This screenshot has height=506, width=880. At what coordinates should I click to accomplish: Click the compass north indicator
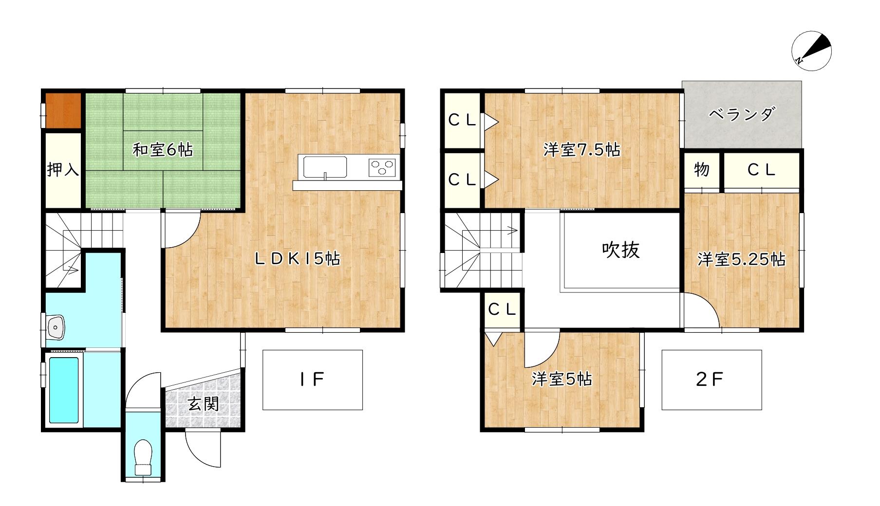tap(811, 51)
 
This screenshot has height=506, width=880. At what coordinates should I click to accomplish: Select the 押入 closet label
tap(63, 170)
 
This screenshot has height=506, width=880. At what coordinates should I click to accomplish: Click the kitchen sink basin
tap(325, 167)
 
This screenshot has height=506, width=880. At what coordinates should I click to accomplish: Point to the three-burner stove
tap(382, 167)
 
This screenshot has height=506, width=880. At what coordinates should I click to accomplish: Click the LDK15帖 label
tap(298, 258)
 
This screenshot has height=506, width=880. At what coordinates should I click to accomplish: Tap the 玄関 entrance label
tap(203, 403)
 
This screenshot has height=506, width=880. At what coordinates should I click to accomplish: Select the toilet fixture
tap(144, 458)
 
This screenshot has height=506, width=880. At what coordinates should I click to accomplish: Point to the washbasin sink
tap(56, 327)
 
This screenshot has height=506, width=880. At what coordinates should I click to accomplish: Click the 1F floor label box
tap(313, 380)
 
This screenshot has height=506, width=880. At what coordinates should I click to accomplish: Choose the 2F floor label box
tap(711, 380)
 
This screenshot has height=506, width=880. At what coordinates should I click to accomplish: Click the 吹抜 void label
tap(621, 250)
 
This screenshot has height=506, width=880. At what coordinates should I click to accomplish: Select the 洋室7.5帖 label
tap(582, 150)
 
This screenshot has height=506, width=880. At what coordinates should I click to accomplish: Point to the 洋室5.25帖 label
tap(742, 259)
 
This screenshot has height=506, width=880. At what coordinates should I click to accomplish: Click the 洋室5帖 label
tap(562, 379)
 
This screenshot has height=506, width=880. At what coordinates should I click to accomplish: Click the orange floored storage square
tap(63, 110)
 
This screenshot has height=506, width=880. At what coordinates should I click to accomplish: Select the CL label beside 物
tap(761, 170)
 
